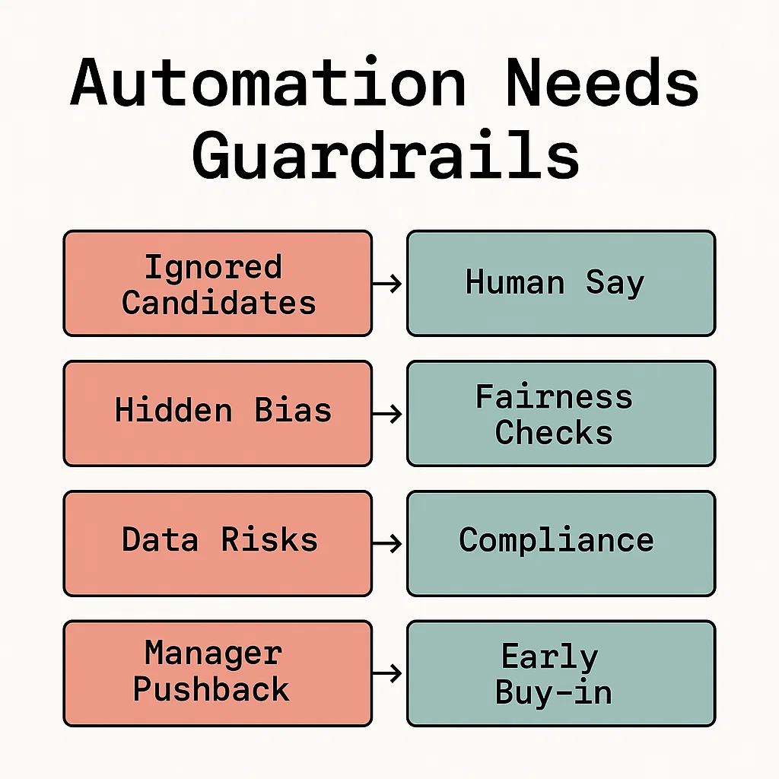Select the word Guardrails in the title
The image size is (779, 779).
[386, 155]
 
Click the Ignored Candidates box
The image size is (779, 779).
[218, 283]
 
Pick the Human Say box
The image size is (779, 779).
[561, 283]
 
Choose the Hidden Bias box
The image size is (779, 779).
[218, 413]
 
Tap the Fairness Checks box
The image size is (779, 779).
[561, 413]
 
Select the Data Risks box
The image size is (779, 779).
[218, 542]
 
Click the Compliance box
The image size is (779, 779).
[561, 542]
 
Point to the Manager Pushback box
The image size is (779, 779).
[218, 672]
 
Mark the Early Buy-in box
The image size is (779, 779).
[561, 672]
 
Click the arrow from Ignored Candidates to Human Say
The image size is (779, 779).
[388, 284]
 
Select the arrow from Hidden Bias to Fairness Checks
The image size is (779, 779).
[388, 414]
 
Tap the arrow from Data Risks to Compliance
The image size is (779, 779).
[388, 543]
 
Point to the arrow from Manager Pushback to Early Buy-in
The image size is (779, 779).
[388, 673]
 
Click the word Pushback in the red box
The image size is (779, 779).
[211, 689]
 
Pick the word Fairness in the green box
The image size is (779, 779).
[554, 397]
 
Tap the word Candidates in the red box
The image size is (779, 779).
[219, 303]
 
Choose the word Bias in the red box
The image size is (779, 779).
[293, 411]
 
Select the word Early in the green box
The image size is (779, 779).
[549, 657]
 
